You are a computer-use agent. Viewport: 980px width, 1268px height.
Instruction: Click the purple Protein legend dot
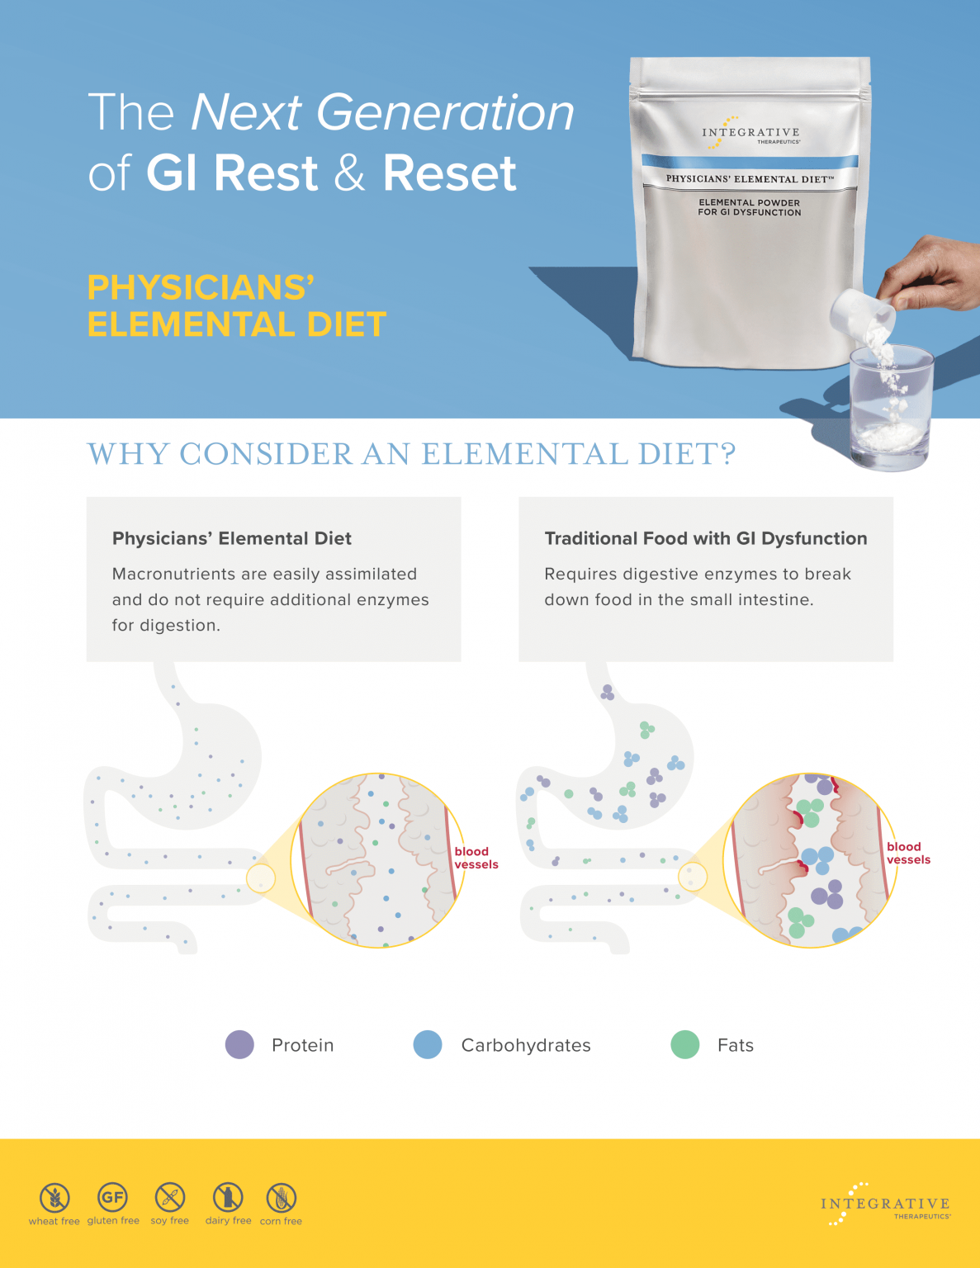(239, 1044)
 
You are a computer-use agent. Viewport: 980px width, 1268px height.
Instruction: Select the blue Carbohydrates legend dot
(428, 1044)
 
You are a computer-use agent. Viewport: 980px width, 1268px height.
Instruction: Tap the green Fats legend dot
(684, 1044)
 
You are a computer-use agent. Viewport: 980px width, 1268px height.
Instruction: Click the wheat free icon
(54, 1197)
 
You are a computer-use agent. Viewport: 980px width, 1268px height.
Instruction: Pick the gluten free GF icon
(112, 1196)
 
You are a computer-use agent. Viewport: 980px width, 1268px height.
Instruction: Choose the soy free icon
(170, 1196)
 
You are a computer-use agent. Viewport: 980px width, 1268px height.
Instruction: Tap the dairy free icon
(228, 1196)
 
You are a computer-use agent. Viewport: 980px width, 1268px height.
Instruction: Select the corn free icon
(281, 1197)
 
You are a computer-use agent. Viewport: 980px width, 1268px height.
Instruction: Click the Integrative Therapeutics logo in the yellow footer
(885, 1204)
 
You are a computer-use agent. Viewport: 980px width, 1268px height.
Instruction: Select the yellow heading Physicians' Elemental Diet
(236, 306)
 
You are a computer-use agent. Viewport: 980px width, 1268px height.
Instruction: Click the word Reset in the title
(449, 173)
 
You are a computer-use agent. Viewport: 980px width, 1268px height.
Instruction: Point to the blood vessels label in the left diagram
(476, 858)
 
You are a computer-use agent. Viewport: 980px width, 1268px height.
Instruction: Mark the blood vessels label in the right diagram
(908, 853)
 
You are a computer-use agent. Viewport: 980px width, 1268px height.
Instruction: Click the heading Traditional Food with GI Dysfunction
(705, 538)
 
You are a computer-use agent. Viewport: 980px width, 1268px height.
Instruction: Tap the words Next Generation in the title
(382, 112)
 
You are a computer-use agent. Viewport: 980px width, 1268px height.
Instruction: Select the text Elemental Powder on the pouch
(749, 202)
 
